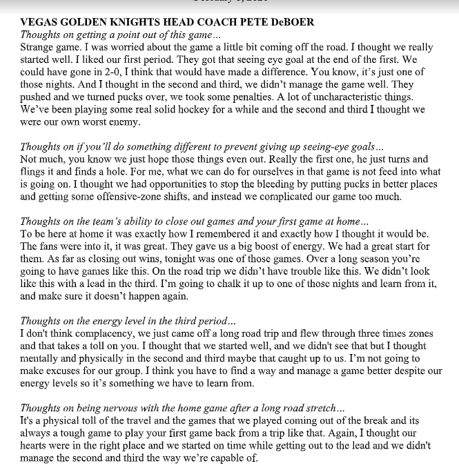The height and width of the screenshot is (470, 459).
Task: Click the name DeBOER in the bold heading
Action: point(291,22)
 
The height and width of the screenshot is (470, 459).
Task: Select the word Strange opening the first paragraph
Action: point(40,47)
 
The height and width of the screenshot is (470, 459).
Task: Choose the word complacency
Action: point(94,333)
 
